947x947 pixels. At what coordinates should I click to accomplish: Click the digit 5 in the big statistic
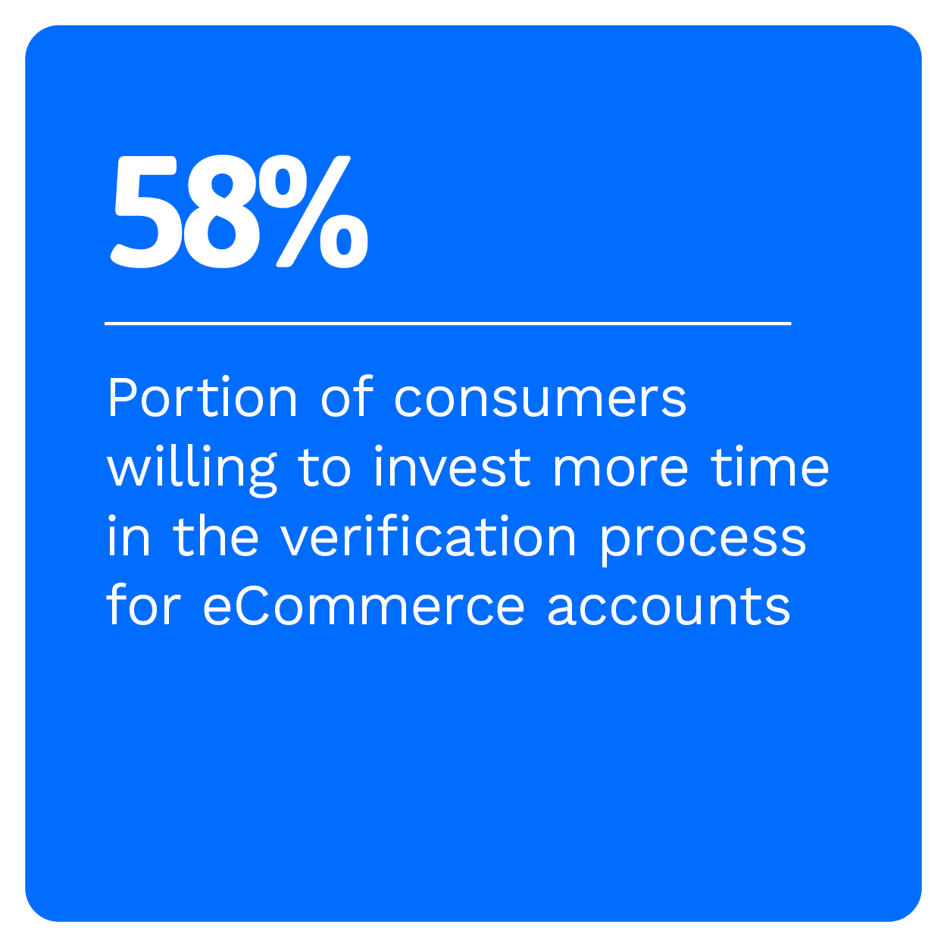(x=143, y=212)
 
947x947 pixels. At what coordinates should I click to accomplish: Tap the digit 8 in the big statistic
(x=221, y=212)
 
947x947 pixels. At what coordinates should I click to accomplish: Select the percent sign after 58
(x=314, y=212)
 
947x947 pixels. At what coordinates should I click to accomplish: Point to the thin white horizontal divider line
(x=448, y=323)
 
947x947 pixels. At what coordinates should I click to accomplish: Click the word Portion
(x=202, y=397)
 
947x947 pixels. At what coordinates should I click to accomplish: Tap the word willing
(x=192, y=471)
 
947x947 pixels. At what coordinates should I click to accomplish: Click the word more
(x=620, y=471)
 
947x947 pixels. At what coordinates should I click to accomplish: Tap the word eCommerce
(x=364, y=606)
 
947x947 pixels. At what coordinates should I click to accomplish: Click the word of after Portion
(x=348, y=397)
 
